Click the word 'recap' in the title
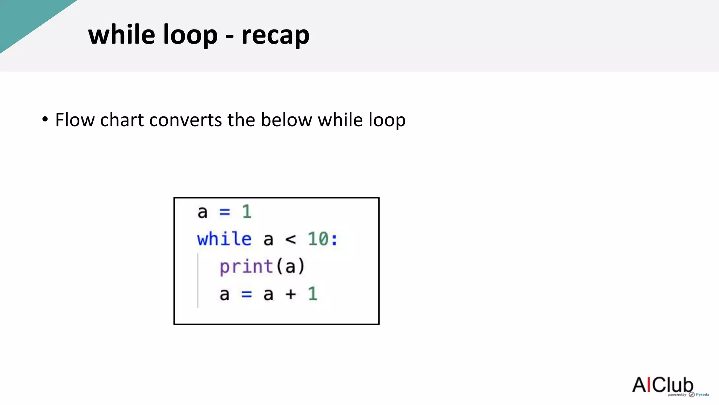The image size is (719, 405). pyautogui.click(x=275, y=35)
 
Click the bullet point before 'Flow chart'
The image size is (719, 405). pyautogui.click(x=45, y=119)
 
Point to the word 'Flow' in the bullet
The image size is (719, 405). pyautogui.click(x=75, y=120)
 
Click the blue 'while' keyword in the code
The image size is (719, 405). pyautogui.click(x=224, y=239)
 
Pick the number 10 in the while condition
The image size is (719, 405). pyautogui.click(x=318, y=239)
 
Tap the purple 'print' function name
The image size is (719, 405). pyautogui.click(x=246, y=266)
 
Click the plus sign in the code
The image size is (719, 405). pyautogui.click(x=291, y=294)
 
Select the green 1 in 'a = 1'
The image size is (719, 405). pyautogui.click(x=247, y=212)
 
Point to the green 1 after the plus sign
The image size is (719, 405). pyautogui.click(x=313, y=294)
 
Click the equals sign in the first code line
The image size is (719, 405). pyautogui.click(x=225, y=212)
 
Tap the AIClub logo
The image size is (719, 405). pyautogui.click(x=663, y=385)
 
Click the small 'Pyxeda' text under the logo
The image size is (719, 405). pyautogui.click(x=702, y=394)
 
